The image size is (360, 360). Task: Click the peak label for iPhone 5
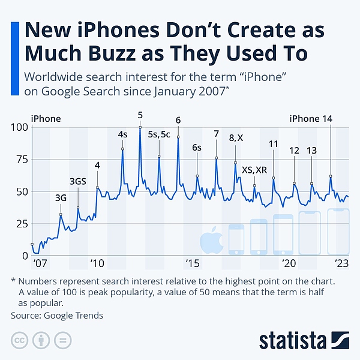[140, 115]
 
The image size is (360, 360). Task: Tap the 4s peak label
[123, 135]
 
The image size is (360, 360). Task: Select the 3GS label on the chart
[78, 181]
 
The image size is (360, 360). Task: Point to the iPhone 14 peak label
[311, 118]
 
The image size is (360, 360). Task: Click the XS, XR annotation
[254, 170]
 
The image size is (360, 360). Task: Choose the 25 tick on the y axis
[22, 224]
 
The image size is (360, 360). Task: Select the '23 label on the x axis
[342, 264]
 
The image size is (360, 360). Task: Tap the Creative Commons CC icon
[20, 339]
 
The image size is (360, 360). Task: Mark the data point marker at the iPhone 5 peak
[140, 127]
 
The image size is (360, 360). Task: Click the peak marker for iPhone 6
[178, 137]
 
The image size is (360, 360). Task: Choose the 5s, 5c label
[159, 135]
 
